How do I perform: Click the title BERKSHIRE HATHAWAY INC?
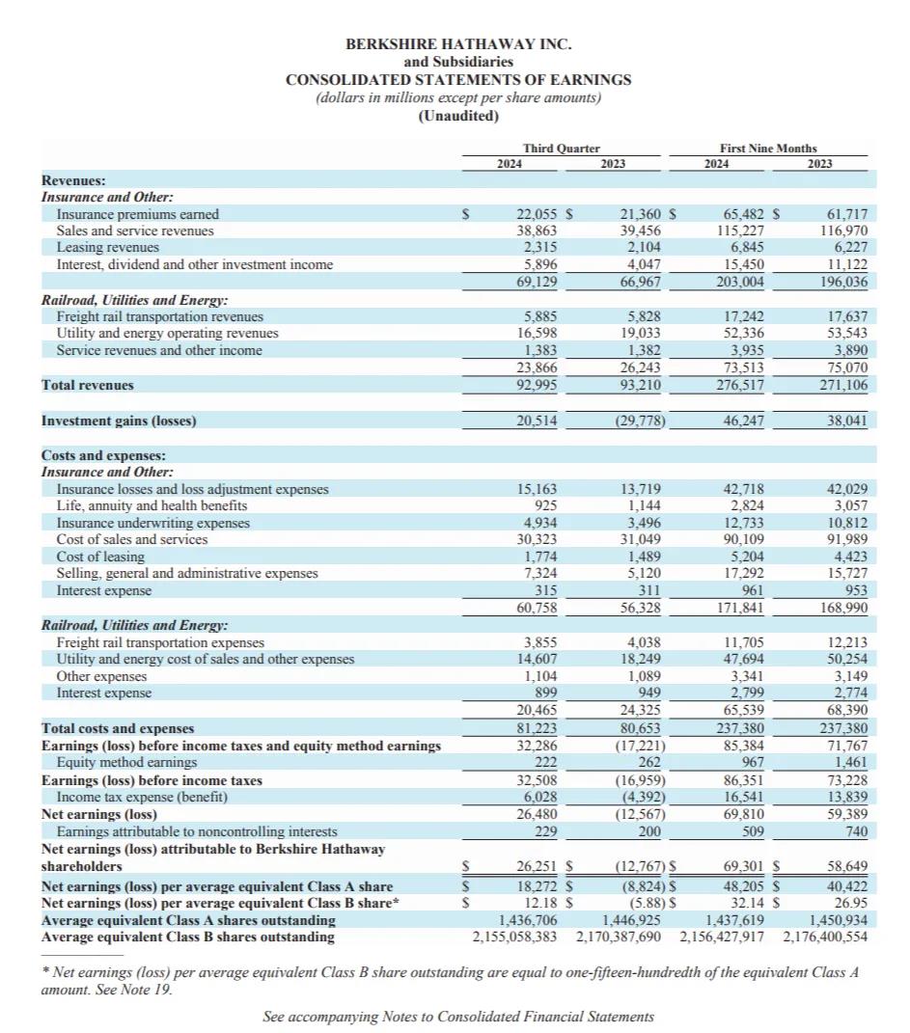click(458, 44)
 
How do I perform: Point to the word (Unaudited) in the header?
click(458, 116)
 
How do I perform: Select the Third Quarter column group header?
click(561, 148)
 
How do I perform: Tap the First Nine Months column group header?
click(767, 148)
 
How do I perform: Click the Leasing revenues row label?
click(108, 248)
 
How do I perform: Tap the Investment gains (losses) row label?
click(119, 421)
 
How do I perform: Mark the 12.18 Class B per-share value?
click(541, 903)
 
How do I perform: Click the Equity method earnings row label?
click(126, 762)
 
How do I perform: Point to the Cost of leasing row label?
click(100, 557)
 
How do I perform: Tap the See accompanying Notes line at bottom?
click(458, 1017)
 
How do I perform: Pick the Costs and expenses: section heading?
click(103, 454)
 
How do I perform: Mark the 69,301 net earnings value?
click(744, 866)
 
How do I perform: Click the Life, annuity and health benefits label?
click(152, 505)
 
